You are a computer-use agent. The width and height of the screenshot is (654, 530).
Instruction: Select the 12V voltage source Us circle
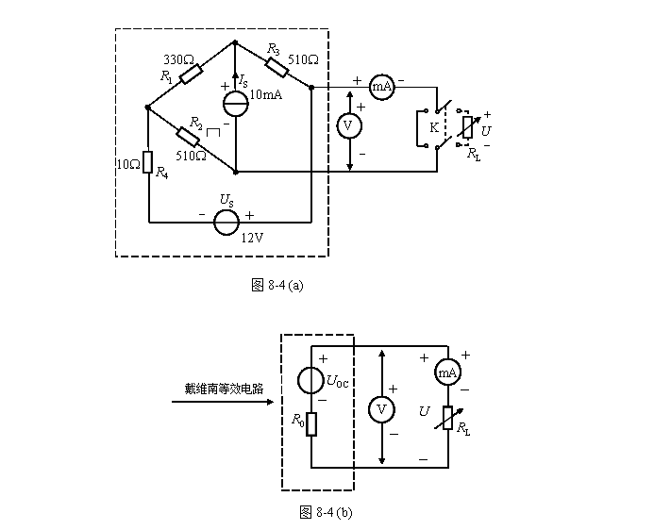(226, 222)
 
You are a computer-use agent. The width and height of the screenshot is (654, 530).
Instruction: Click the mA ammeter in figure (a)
(381, 86)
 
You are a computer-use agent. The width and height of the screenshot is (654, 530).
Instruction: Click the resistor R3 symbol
(277, 65)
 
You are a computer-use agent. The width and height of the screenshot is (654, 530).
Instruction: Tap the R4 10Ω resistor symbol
(148, 163)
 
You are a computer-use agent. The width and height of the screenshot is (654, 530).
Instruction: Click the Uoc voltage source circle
(310, 381)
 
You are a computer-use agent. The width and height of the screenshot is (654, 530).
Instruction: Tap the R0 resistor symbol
(310, 423)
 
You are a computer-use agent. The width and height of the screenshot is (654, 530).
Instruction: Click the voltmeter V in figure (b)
(381, 409)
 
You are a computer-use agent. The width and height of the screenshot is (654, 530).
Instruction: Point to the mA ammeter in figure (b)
(447, 373)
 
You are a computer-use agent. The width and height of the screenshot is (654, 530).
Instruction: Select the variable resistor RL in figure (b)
(447, 416)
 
